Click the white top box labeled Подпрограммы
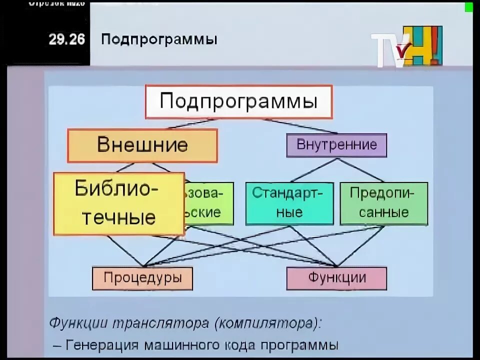coord(238,102)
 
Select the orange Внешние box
coord(142,145)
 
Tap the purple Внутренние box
coord(336,145)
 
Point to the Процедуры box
coord(142,278)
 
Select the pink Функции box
coord(336,278)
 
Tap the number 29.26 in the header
coord(66,39)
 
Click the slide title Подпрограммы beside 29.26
coord(159,39)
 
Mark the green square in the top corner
coord(469,7)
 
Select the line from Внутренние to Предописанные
coord(361,170)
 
